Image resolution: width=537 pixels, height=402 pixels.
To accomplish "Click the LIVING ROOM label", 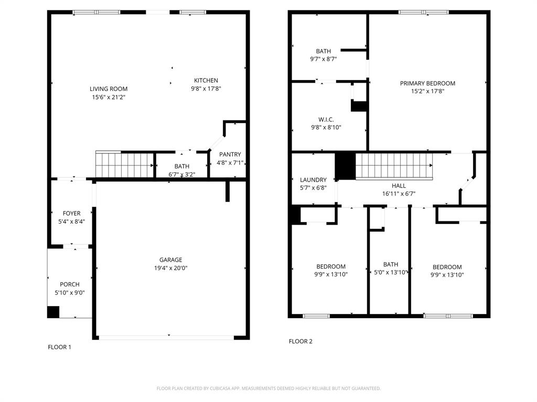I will [108, 89].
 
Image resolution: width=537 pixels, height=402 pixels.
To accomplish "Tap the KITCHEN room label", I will [206, 81].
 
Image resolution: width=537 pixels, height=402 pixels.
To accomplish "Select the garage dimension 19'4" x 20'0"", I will [170, 268].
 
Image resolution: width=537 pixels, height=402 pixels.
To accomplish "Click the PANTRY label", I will [230, 154].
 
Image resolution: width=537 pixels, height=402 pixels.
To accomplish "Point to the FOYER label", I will [72, 214].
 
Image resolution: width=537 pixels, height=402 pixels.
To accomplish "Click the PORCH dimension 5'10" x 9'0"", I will [70, 293].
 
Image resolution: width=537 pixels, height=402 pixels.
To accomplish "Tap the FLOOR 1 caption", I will [59, 347].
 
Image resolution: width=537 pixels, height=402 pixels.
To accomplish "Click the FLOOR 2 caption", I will [300, 341].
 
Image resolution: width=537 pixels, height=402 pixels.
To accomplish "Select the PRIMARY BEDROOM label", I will [427, 83].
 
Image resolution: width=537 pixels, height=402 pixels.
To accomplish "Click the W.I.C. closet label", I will [326, 120].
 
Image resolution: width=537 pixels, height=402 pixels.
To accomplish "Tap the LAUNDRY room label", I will [313, 180].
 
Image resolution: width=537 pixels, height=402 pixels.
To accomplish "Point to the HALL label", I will [399, 186].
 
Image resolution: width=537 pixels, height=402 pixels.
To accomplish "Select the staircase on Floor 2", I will [394, 166].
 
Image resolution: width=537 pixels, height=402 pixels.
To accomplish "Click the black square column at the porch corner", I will [53, 312].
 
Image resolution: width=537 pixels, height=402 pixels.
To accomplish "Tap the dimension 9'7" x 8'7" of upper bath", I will [323, 59].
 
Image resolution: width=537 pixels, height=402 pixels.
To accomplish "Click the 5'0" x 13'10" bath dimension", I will [390, 272].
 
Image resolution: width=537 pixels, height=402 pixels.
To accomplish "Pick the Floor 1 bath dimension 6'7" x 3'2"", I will [182, 174].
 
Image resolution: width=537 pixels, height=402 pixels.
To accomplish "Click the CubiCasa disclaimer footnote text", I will [268, 388].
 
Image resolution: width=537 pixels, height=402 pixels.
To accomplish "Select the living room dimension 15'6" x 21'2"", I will [108, 97].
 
